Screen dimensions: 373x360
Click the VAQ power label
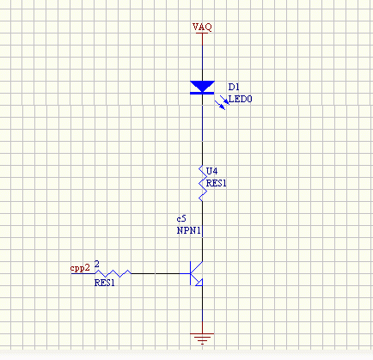(202, 27)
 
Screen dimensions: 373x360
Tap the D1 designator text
(234, 87)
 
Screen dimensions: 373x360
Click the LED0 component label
(241, 99)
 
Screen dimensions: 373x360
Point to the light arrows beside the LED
(222, 102)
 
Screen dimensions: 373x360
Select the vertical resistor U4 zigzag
(203, 183)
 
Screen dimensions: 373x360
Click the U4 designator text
(212, 171)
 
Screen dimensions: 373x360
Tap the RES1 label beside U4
(217, 183)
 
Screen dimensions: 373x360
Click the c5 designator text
(181, 219)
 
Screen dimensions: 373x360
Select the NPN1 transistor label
(188, 230)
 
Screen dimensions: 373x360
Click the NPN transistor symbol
(196, 274)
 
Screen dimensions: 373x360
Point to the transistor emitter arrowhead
(199, 283)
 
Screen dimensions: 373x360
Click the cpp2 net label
(80, 268)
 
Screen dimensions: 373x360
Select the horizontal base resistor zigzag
(113, 273)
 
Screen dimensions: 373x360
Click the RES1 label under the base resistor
(105, 283)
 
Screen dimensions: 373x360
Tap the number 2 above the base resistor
(97, 264)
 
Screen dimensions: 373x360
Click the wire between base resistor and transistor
(156, 273)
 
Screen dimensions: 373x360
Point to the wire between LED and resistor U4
(203, 130)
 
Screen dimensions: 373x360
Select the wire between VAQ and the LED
(203, 57)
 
